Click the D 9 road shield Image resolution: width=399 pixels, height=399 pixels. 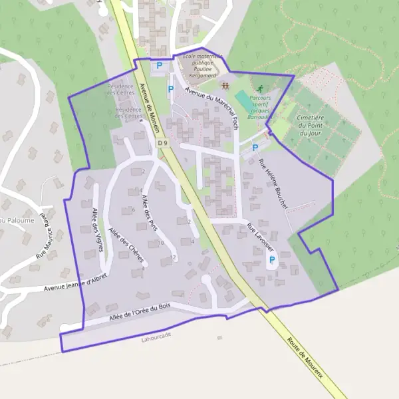(x=162, y=143)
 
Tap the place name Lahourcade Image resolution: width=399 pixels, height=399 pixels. (x=156, y=335)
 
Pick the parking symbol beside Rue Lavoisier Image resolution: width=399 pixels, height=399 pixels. (x=271, y=259)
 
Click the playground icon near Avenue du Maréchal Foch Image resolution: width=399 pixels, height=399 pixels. (x=225, y=86)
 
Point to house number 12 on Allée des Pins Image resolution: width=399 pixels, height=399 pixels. (x=173, y=257)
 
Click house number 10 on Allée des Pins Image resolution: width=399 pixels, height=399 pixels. (x=161, y=243)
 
